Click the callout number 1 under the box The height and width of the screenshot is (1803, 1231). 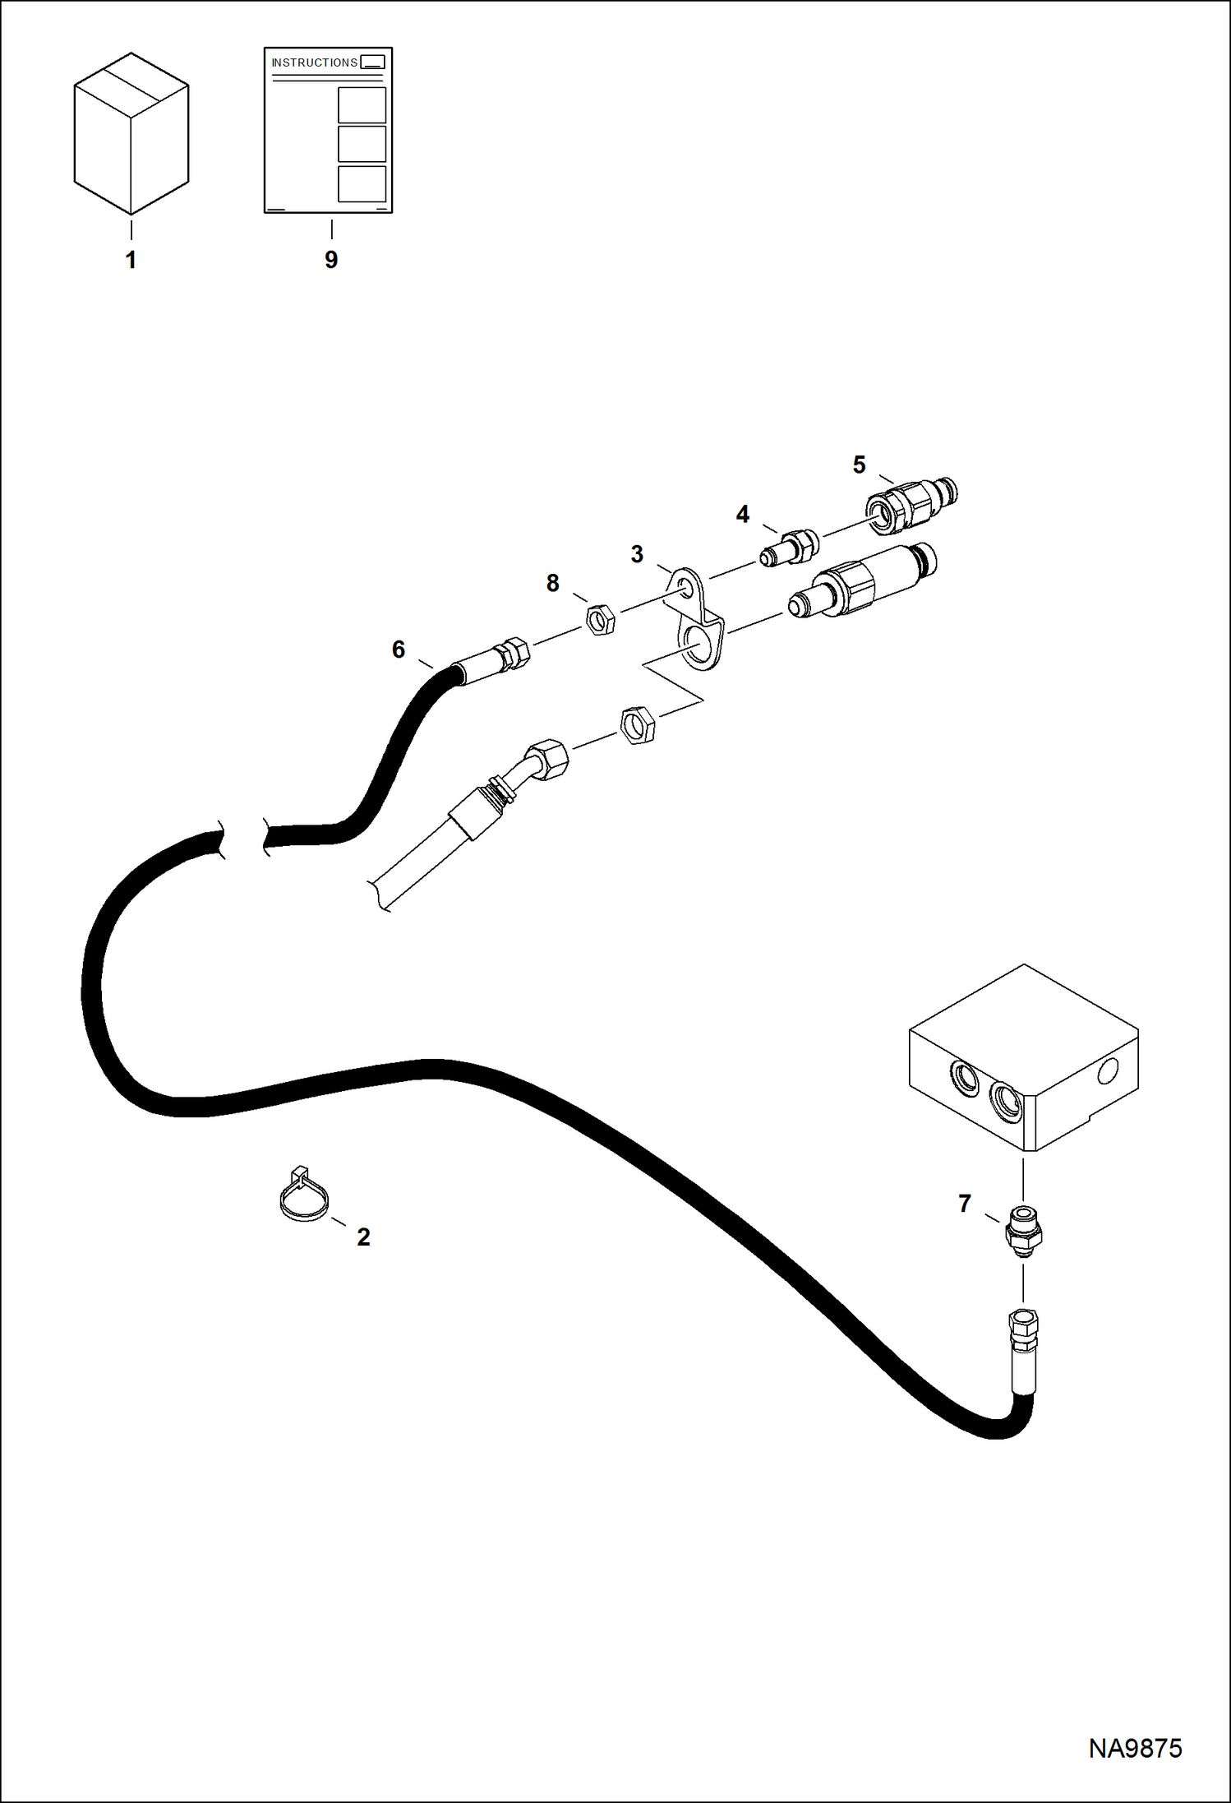pos(131,260)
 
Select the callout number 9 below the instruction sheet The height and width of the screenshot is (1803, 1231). pos(331,260)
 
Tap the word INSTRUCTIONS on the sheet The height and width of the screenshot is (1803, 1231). pos(314,62)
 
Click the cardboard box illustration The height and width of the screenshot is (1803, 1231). pos(131,133)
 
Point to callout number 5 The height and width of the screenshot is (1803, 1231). pos(859,465)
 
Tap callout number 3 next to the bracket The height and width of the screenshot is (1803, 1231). pos(637,554)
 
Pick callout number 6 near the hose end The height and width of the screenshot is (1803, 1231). pos(399,650)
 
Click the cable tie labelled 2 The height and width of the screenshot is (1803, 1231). pos(303,1194)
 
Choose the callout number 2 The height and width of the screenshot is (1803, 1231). pos(363,1237)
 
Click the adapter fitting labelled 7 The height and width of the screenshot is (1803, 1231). pos(1023,1231)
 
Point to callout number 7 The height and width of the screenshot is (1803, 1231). pos(965,1204)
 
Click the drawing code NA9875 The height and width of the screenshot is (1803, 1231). pos(1135,1748)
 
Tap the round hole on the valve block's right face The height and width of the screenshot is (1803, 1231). pos(1108,1070)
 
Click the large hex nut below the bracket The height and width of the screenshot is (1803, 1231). pos(637,724)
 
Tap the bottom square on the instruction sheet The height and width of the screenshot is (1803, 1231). pos(362,184)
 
